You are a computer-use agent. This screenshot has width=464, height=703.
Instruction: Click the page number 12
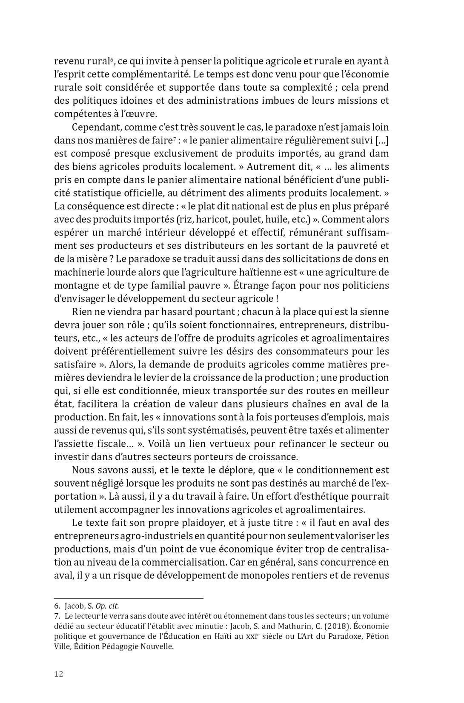[x=58, y=674]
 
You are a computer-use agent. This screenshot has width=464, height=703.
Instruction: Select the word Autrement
[x=275, y=166]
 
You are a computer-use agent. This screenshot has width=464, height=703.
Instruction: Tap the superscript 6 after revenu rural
[x=112, y=60]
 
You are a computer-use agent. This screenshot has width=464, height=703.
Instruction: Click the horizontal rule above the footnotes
[x=129, y=598]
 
